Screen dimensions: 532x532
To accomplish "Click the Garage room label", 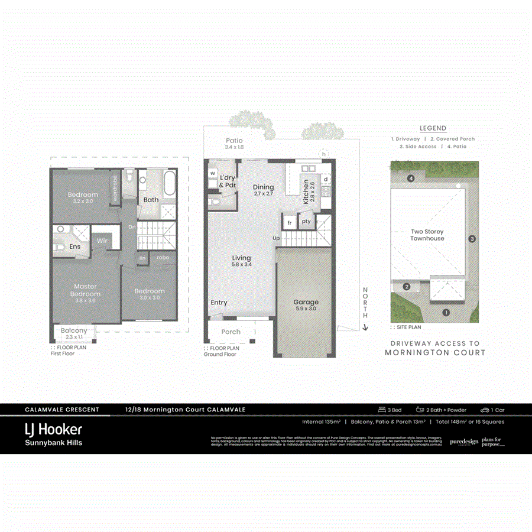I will (x=306, y=302).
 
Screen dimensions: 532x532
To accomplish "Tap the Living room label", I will (x=241, y=258).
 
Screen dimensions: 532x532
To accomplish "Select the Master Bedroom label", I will (x=85, y=290).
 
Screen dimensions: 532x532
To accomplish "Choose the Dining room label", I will (x=263, y=187).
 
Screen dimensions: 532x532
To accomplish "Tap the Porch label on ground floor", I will (x=231, y=332).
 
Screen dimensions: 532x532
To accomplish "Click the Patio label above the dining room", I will (x=235, y=141).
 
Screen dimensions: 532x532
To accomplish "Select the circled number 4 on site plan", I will (x=410, y=178).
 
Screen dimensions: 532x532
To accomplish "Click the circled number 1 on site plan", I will (x=446, y=312).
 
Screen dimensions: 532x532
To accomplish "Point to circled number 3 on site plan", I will (x=472, y=239).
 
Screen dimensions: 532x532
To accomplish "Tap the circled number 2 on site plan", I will (x=407, y=287).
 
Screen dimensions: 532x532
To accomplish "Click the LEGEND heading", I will (x=433, y=128).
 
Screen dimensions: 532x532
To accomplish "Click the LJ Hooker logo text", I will (x=53, y=429).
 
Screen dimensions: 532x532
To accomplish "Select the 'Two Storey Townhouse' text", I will (x=427, y=235).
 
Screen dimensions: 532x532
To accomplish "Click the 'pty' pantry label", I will (x=306, y=222).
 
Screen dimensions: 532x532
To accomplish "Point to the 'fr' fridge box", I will (x=289, y=222).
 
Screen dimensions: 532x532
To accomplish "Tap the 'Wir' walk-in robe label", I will (x=102, y=241).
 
